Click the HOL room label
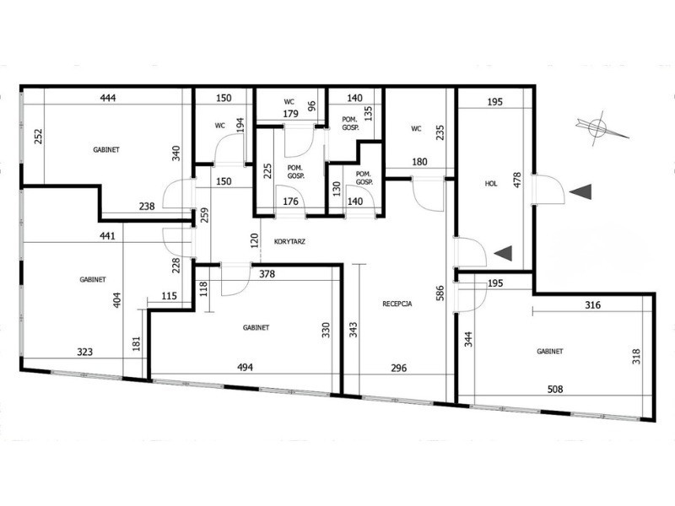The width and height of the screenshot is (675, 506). pos(491,183)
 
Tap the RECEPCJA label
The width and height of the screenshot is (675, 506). pos(397,304)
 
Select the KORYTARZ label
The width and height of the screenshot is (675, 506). pos(289,241)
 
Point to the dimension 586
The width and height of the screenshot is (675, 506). pos(440,293)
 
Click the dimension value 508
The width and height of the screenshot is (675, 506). pos(555,389)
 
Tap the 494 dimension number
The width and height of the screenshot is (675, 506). pos(245,367)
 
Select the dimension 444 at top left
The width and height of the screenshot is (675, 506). pos(108,98)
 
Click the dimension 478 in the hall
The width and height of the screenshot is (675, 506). pos(517,180)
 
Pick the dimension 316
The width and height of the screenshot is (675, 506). pos(593,304)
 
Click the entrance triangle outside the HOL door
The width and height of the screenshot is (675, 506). pos(580,192)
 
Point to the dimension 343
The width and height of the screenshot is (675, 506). pos(353,330)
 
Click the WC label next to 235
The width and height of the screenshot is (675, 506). pos(416,128)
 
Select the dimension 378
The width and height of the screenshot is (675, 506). pos(267,273)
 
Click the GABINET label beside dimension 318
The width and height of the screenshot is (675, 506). pos(550,351)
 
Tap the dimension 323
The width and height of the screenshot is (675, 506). pos(85,352)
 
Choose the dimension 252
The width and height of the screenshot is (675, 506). pos(38,137)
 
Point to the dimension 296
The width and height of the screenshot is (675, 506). pos(398,368)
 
